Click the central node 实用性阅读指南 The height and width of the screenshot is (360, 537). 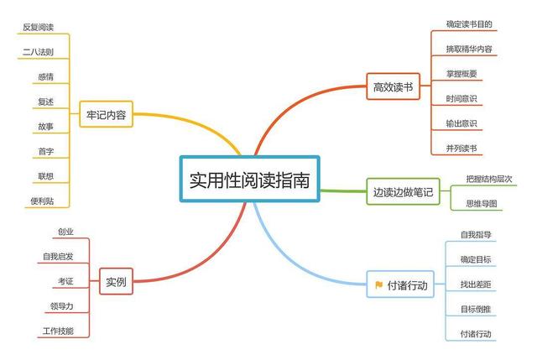249,179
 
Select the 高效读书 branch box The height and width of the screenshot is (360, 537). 393,86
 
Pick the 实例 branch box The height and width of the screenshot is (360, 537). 116,283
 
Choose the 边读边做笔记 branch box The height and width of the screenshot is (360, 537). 403,192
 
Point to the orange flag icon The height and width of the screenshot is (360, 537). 379,285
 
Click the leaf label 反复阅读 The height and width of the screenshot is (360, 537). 38,27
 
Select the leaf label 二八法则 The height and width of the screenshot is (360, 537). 39,52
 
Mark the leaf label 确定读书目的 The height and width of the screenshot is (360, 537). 469,24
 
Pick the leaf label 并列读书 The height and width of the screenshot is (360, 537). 461,148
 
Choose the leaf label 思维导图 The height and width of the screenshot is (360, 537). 481,203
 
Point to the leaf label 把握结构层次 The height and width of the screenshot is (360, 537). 488,179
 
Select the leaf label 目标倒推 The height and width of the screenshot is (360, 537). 476,309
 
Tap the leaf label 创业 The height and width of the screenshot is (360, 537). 65,232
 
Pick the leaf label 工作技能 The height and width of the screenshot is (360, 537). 57,331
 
